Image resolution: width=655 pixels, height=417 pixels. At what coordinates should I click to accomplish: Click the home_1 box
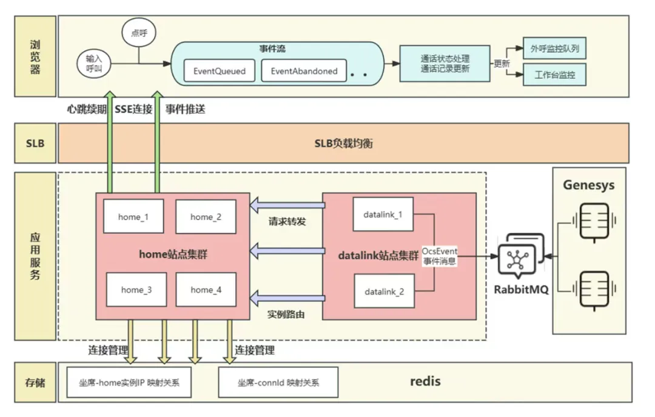pos(133,216)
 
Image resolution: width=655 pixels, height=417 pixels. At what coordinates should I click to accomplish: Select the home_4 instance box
pos(206,290)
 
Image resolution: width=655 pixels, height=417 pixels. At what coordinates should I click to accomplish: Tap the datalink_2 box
pos(383,292)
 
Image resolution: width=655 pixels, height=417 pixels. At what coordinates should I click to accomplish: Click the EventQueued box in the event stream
pos(220,71)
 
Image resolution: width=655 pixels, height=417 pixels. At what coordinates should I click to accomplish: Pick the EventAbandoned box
pos(304,71)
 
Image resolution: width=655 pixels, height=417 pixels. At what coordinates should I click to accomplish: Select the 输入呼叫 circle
pos(94,63)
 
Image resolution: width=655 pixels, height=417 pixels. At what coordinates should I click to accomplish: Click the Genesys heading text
pos(588,185)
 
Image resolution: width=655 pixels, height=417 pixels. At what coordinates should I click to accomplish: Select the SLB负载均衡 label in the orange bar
pos(343,144)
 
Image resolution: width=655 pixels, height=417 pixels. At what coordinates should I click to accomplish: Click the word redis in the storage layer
pos(425,381)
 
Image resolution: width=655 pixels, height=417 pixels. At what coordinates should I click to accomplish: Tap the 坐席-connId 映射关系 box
pos(278,383)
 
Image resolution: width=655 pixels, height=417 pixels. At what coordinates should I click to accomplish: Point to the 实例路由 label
pos(286,315)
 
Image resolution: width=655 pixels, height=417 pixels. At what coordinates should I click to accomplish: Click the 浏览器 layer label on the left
pos(35,57)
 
